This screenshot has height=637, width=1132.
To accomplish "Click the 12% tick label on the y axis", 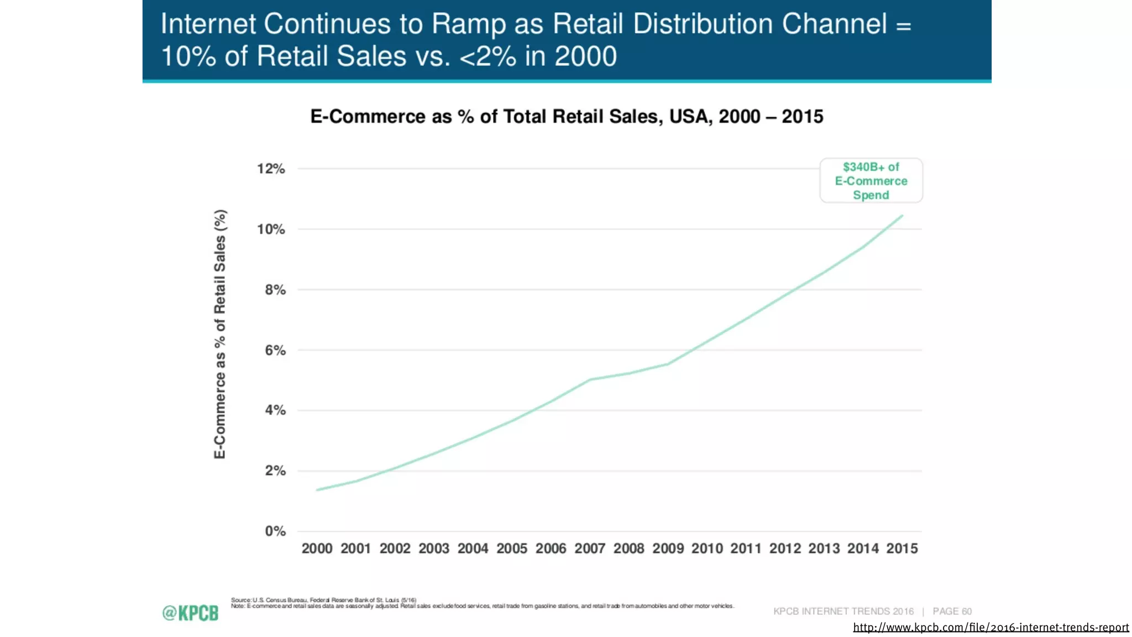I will point(271,169).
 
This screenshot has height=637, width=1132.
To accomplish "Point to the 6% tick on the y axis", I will point(275,350).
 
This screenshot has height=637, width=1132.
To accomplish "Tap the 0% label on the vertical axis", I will point(275,531).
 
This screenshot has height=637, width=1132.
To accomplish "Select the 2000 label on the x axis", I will point(317,549).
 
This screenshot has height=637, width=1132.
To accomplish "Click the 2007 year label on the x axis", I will point(590,549).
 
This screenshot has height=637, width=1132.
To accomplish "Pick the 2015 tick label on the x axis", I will point(902,549).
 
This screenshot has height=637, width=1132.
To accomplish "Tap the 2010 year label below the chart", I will point(707,549).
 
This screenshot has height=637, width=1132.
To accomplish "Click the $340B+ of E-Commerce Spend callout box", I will point(871,181).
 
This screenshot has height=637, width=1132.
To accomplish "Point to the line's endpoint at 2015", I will point(902,216).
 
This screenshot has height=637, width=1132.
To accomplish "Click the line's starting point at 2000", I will point(317,490).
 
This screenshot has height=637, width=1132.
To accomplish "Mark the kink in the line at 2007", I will point(590,380).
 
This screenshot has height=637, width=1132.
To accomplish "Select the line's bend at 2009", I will point(668,364).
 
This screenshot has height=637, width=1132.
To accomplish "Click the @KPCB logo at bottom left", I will point(190,613).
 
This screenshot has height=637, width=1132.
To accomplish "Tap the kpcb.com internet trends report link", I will point(990,627).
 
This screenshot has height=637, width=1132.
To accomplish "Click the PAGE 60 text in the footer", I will point(952,611).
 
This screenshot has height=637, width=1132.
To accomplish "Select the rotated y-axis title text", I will point(220,334).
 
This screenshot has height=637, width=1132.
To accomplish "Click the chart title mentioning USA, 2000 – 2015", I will point(567,117).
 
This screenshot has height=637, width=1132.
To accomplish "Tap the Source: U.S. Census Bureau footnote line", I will point(323,600).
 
